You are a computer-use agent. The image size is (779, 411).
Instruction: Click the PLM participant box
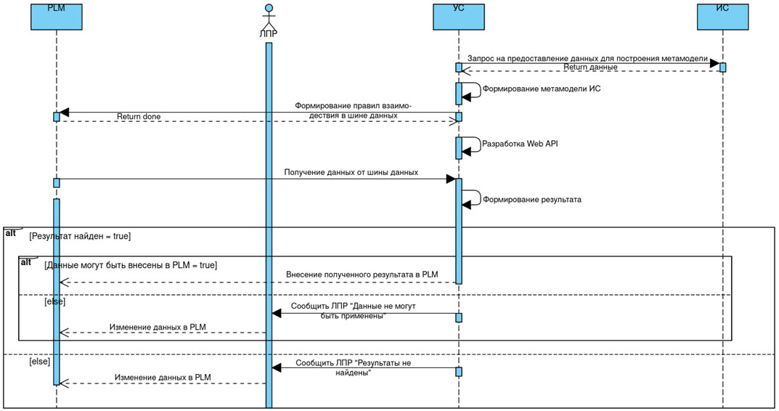click(x=56, y=17)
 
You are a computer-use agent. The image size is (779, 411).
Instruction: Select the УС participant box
click(x=458, y=17)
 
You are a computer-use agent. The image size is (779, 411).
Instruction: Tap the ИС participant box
click(x=722, y=17)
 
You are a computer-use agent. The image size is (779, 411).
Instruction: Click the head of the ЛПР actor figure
click(x=269, y=9)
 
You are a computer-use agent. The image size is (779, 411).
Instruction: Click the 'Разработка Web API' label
click(x=520, y=144)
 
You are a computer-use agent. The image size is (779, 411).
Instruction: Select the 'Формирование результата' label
click(x=532, y=199)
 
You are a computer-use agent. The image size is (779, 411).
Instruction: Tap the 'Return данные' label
click(x=590, y=67)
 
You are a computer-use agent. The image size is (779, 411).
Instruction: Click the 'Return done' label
click(x=139, y=116)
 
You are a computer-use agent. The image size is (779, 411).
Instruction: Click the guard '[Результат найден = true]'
click(x=80, y=237)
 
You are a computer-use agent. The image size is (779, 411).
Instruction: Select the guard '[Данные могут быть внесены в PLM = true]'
click(x=131, y=265)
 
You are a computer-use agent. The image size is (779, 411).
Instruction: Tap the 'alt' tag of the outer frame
click(x=11, y=233)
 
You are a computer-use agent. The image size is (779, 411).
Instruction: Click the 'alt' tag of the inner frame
click(x=26, y=261)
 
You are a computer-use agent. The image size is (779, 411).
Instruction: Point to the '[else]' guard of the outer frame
click(x=39, y=361)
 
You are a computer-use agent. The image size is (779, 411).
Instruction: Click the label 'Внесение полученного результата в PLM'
click(x=362, y=274)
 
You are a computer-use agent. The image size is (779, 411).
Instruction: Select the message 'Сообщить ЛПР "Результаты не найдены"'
click(x=354, y=367)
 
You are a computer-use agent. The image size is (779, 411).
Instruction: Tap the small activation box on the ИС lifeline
click(x=722, y=68)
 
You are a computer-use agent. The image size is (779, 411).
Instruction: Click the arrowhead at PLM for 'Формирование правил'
click(x=64, y=113)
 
